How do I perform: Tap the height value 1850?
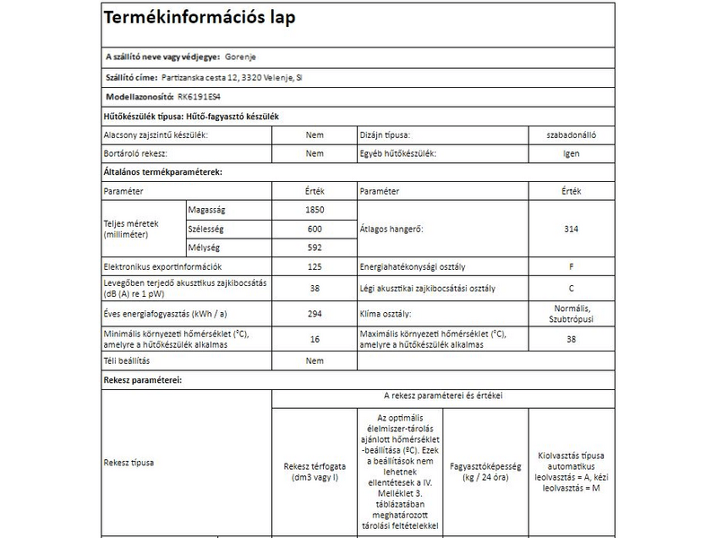click(x=314, y=210)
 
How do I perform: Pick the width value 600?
click(x=314, y=229)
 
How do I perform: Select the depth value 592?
click(x=314, y=247)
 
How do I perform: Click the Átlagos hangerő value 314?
click(x=571, y=229)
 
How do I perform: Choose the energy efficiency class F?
click(x=571, y=267)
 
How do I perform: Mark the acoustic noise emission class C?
click(x=571, y=288)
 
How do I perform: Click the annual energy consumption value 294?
click(x=314, y=314)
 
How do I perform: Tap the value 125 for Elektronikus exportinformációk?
click(x=314, y=267)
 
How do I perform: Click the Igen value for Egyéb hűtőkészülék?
click(x=571, y=153)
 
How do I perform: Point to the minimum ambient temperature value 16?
click(x=314, y=339)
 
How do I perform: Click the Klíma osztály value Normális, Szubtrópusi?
click(x=571, y=314)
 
